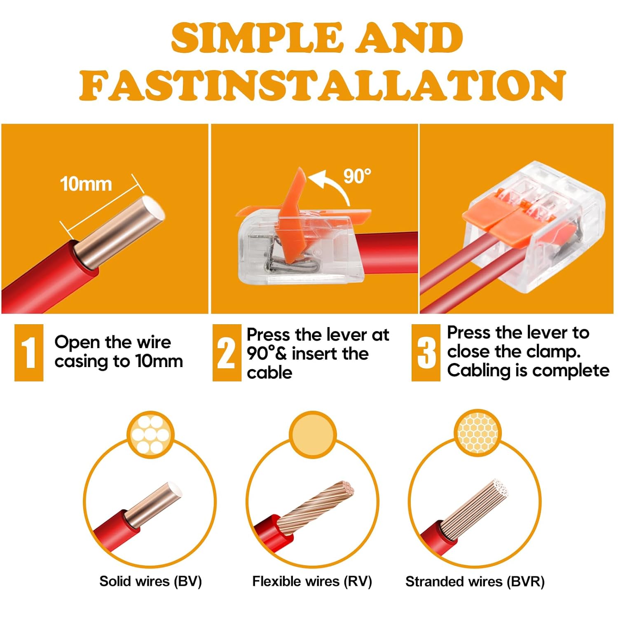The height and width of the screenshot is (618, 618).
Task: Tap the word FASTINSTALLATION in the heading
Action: click(x=323, y=85)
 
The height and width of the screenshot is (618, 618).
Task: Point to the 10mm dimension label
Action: click(x=86, y=184)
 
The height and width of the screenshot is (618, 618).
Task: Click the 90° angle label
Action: click(x=357, y=176)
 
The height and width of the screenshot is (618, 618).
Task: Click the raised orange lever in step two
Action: click(x=293, y=214)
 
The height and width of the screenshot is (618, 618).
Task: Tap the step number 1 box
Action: click(x=29, y=352)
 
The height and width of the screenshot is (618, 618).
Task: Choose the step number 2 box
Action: click(x=227, y=352)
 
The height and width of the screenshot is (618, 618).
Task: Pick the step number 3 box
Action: click(x=426, y=352)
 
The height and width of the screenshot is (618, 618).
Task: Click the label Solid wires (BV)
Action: click(x=151, y=581)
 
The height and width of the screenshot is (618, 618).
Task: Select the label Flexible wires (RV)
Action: click(x=312, y=581)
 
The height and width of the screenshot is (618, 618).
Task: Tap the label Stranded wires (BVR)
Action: click(x=475, y=581)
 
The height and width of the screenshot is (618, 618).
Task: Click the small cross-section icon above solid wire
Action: click(x=150, y=435)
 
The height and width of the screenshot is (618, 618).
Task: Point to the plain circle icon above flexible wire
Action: click(x=313, y=434)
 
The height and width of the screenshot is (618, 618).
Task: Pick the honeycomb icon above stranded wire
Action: click(x=478, y=433)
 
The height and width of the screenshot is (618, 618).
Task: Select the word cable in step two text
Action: click(x=269, y=372)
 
